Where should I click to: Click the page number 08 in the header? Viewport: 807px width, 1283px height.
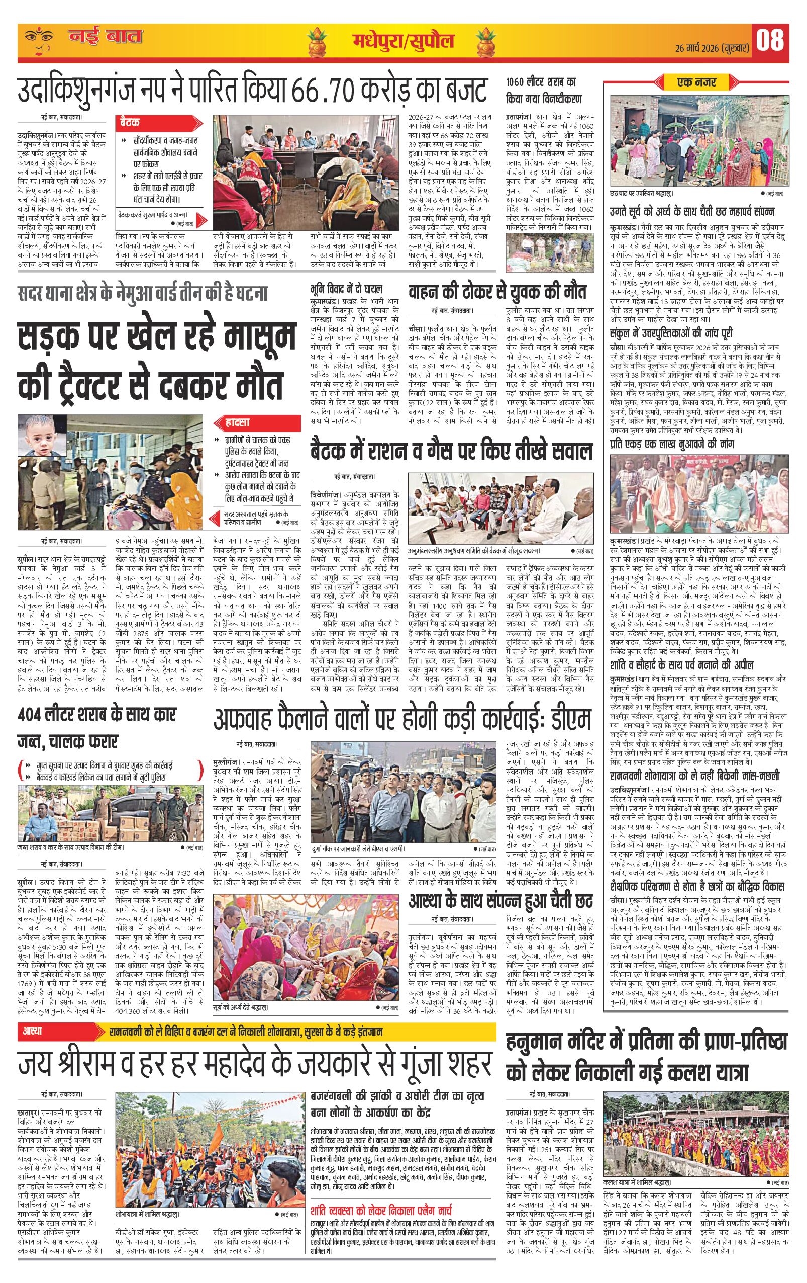[770, 41]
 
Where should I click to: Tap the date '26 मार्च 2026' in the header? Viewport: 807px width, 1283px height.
[693, 47]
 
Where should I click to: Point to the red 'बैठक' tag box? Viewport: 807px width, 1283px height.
[131, 123]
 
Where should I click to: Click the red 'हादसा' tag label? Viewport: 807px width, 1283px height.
[234, 423]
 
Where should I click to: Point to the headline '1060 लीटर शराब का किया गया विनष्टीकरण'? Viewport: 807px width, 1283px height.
[544, 91]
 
